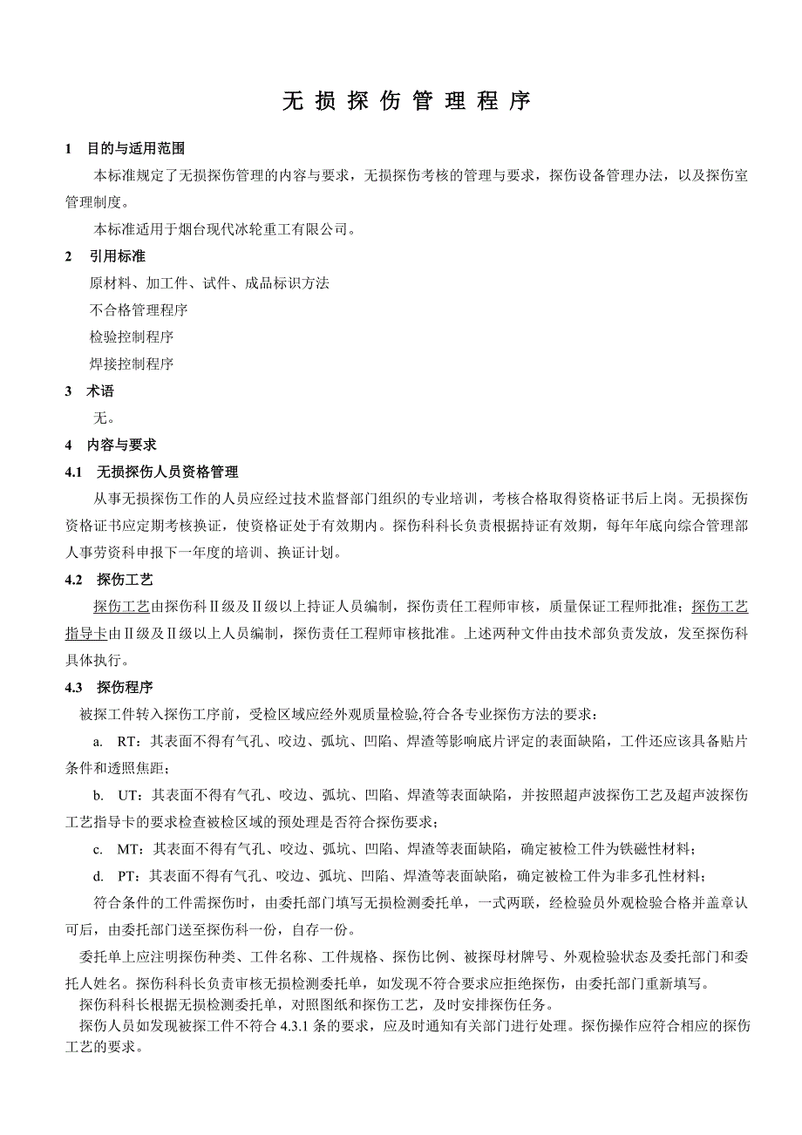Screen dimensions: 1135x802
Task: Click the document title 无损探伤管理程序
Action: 406,101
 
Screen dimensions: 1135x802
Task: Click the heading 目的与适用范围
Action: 136,149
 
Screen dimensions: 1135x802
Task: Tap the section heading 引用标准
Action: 117,256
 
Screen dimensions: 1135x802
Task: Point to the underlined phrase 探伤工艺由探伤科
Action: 122,607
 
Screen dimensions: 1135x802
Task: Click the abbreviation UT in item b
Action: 127,796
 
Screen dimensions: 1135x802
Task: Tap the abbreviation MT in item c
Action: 127,849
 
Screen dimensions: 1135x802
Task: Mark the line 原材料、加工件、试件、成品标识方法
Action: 209,283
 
